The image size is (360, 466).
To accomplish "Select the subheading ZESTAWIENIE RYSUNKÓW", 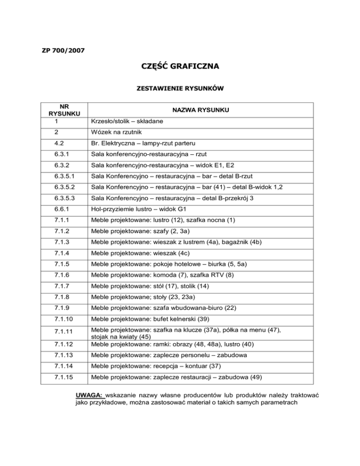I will (x=180, y=88).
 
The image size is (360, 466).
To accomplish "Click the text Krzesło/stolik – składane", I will (x=128, y=121).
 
